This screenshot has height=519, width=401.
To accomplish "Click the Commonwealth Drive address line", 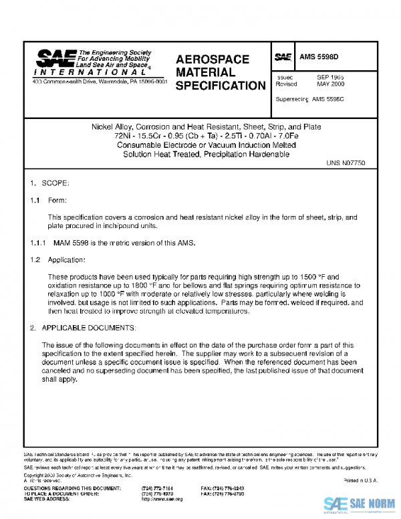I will click(100, 81).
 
